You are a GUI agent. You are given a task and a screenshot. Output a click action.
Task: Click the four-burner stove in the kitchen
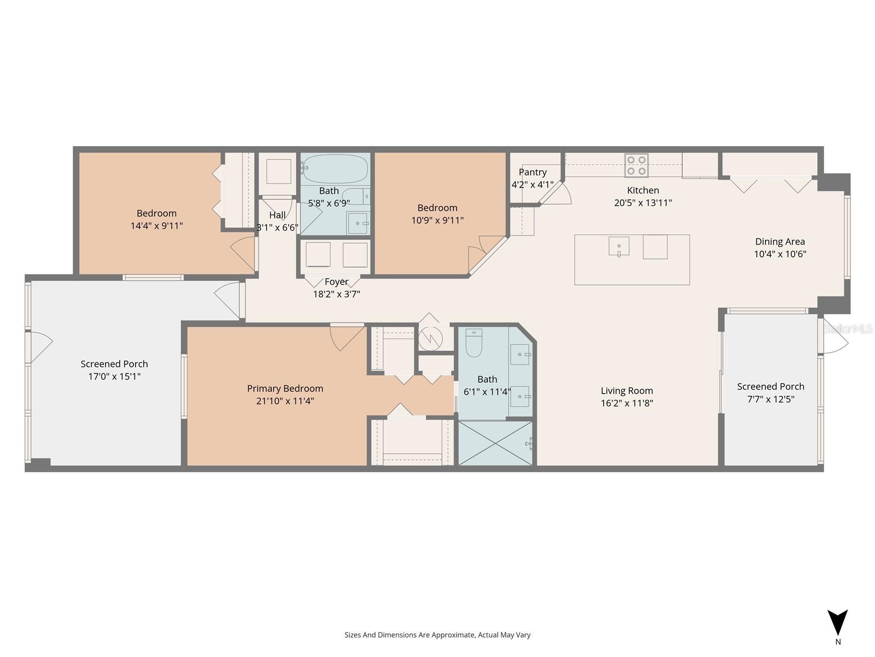[636, 165]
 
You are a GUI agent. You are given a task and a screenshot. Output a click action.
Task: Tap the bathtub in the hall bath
[335, 169]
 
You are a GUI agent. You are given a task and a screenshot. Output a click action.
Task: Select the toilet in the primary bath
[474, 343]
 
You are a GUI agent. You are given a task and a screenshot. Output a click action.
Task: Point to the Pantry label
[533, 172]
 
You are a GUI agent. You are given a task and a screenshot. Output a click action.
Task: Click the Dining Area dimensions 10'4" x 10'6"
[780, 254]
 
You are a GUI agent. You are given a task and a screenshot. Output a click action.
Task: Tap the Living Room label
[627, 390]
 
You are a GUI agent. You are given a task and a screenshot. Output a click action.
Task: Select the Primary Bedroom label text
[285, 389]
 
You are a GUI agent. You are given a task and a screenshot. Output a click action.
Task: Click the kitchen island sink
[619, 246]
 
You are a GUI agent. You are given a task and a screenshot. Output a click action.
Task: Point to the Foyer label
[336, 281]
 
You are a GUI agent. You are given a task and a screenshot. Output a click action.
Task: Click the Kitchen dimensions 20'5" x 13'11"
[643, 203]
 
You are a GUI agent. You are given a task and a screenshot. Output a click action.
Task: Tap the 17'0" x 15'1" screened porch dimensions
[114, 376]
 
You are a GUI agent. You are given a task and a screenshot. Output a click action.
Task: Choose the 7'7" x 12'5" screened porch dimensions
[771, 399]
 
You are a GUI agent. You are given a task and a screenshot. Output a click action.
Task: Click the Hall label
[277, 215]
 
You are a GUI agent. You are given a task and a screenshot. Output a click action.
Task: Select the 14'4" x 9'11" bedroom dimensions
[156, 226]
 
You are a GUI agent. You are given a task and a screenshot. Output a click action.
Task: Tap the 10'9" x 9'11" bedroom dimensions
[437, 220]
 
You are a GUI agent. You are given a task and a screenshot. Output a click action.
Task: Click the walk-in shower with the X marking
[495, 443]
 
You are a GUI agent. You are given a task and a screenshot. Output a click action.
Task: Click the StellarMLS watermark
[848, 329]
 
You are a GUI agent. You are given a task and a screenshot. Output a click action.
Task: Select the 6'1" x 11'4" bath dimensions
[487, 391]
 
